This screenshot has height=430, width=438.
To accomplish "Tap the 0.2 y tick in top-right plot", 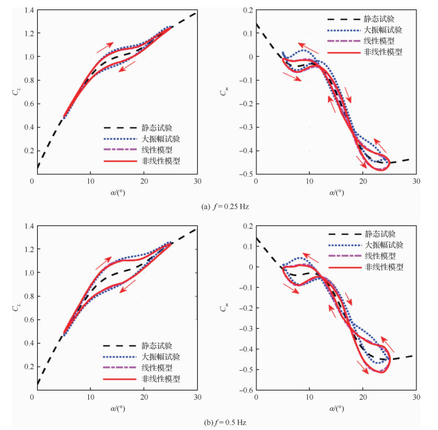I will pos(247,11).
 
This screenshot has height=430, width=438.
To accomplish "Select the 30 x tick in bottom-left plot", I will pos(196,397).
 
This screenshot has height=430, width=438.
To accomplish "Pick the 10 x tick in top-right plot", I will pos(309,182).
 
